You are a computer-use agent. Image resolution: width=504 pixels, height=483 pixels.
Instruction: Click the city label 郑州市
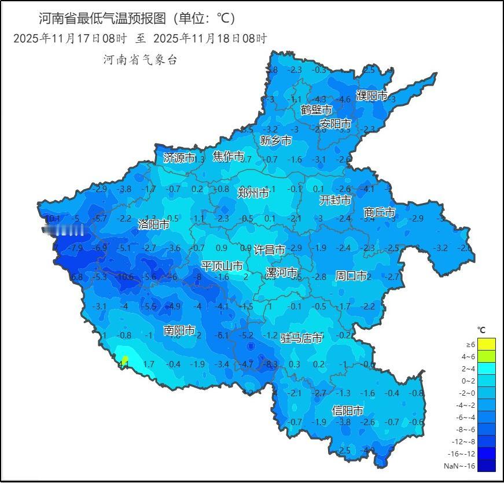click(x=253, y=193)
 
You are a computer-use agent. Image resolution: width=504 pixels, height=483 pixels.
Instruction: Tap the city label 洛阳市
click(x=153, y=224)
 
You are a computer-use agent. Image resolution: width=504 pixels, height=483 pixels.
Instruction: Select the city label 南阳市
click(x=179, y=330)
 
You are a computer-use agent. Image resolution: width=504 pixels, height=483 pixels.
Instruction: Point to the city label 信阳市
click(x=348, y=411)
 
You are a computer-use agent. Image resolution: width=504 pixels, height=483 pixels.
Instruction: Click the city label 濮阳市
click(x=371, y=95)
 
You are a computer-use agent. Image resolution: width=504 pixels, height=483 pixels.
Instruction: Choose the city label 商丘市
click(x=380, y=213)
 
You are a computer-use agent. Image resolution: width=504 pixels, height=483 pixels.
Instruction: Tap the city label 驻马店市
click(x=301, y=338)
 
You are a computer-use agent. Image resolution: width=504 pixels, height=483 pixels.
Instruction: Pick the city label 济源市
click(x=179, y=157)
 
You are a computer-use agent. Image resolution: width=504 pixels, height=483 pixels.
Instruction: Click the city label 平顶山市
click(x=222, y=266)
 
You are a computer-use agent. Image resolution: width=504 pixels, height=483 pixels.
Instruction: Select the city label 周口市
click(x=351, y=276)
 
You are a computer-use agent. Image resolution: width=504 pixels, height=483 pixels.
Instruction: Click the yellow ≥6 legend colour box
click(x=487, y=345)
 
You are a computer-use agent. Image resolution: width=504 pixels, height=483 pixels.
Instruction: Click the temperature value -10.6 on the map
click(x=124, y=277)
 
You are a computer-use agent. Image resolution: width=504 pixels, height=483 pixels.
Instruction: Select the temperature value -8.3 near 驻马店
click(x=270, y=364)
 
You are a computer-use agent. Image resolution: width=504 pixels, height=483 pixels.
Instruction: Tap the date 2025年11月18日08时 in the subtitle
click(x=209, y=39)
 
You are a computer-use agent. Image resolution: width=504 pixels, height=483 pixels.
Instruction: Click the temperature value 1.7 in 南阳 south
click(x=149, y=364)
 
